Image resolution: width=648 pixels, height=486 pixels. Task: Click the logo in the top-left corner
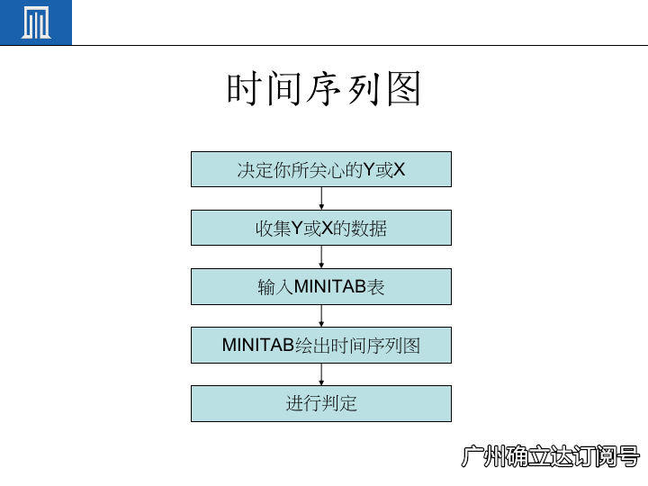click(x=36, y=22)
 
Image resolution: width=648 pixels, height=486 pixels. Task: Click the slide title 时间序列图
click(x=324, y=90)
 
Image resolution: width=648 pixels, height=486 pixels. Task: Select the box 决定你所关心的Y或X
click(x=321, y=169)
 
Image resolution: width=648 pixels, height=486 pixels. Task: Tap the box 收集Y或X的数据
click(x=321, y=228)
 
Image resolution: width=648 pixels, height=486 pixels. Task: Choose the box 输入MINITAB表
click(x=321, y=287)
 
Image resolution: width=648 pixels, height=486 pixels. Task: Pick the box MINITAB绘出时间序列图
click(x=321, y=345)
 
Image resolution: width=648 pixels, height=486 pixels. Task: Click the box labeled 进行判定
click(x=321, y=403)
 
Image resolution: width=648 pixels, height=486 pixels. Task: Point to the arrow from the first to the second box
click(x=321, y=198)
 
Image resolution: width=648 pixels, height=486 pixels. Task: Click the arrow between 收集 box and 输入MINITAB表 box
click(x=321, y=256)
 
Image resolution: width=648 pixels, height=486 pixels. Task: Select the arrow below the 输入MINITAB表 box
click(x=321, y=316)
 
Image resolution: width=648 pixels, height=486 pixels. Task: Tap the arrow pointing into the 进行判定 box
click(x=321, y=374)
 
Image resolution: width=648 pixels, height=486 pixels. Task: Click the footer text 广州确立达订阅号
click(x=550, y=456)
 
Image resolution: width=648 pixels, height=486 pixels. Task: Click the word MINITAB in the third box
click(x=329, y=287)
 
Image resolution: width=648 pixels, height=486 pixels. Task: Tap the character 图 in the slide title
click(x=404, y=90)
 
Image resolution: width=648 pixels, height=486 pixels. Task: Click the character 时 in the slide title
click(x=244, y=90)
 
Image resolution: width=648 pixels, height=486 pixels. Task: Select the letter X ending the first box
click(x=400, y=169)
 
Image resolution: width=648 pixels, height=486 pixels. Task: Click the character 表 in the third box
click(x=375, y=287)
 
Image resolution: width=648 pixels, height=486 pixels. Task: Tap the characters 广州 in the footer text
click(x=483, y=456)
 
